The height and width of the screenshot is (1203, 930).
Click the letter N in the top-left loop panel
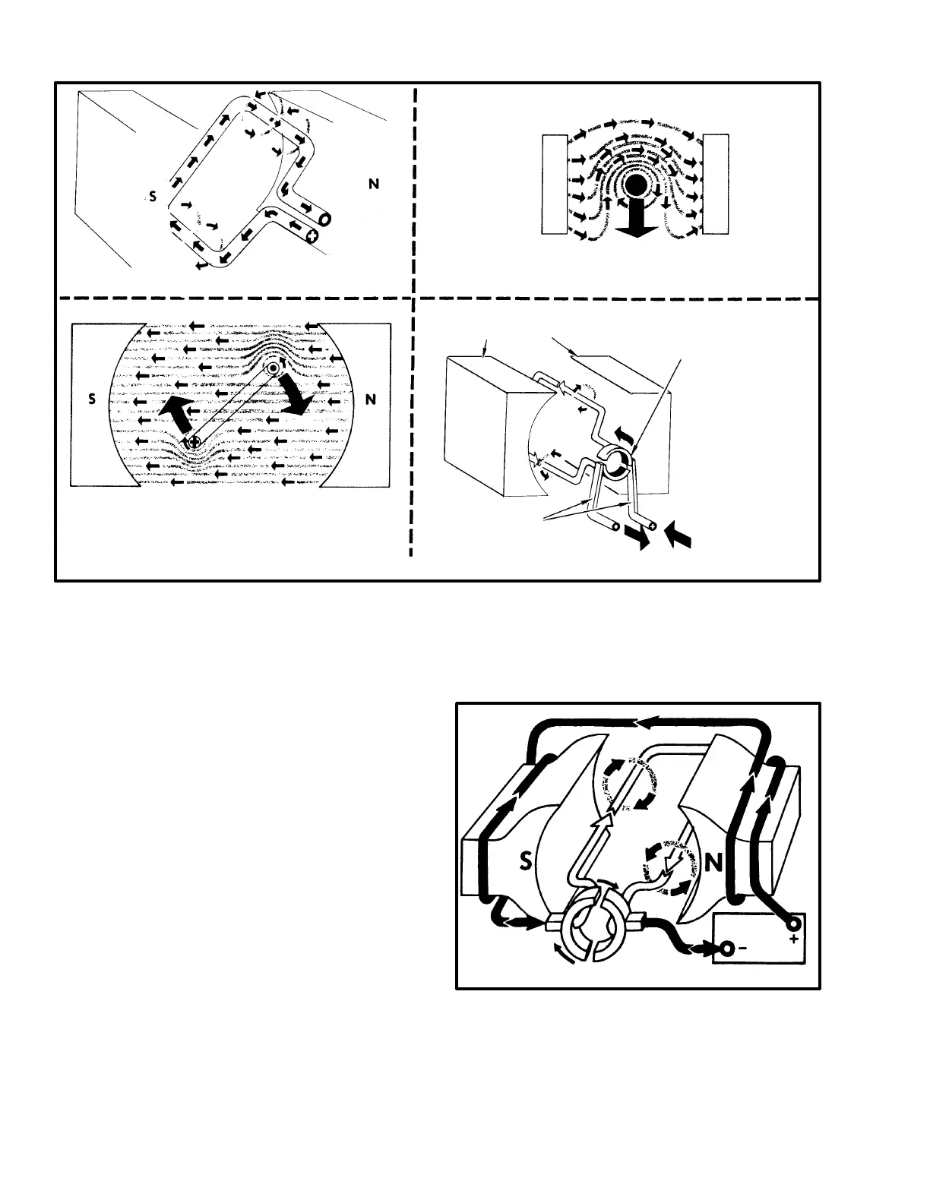(373, 184)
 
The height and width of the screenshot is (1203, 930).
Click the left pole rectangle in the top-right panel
(555, 184)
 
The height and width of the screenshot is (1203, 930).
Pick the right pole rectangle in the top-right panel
(716, 184)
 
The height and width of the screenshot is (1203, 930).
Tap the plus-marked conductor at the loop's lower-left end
(194, 441)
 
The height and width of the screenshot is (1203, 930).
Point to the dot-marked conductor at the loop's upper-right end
(272, 369)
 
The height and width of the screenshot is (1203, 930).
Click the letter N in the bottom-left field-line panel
(372, 400)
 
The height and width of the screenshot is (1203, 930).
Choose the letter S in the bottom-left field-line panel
(92, 400)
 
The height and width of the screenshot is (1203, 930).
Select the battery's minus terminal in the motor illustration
(727, 948)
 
